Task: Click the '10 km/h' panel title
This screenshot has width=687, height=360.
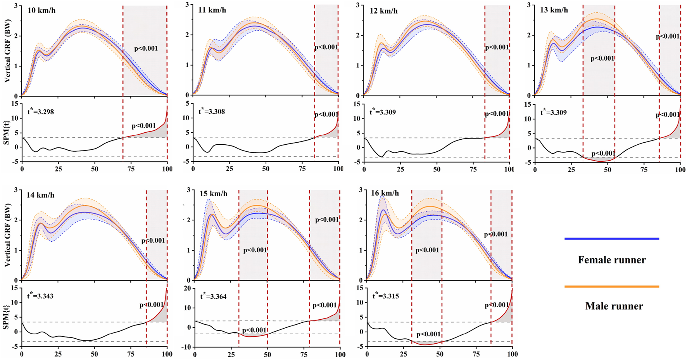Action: point(41,10)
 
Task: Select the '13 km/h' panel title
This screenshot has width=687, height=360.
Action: point(554,10)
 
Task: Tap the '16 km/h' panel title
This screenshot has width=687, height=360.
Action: point(385,193)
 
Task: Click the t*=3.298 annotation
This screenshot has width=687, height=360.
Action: point(40,112)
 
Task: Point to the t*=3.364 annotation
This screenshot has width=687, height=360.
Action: point(213,296)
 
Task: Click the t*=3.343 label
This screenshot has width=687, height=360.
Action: point(40,296)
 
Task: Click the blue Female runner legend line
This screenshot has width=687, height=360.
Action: point(612,239)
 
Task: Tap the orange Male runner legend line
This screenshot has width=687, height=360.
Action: point(612,287)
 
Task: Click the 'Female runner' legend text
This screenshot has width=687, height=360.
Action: point(612,260)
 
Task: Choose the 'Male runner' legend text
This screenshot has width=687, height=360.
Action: point(614,306)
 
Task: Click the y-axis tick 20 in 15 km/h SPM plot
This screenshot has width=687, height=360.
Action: point(188,288)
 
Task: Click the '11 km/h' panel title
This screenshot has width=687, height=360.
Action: point(212,10)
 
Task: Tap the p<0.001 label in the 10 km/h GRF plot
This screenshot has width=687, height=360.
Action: point(146,49)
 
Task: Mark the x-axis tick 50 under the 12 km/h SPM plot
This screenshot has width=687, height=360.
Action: point(437,169)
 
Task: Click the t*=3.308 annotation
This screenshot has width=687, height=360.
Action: point(212,112)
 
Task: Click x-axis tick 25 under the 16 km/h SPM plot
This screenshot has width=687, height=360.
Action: point(403,354)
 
